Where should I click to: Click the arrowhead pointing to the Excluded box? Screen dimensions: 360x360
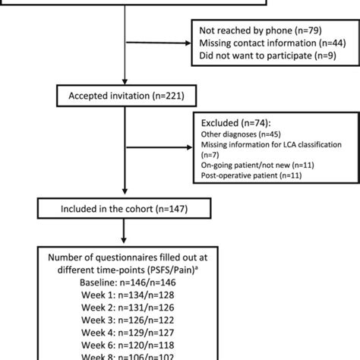pyautogui.click(x=191, y=149)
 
